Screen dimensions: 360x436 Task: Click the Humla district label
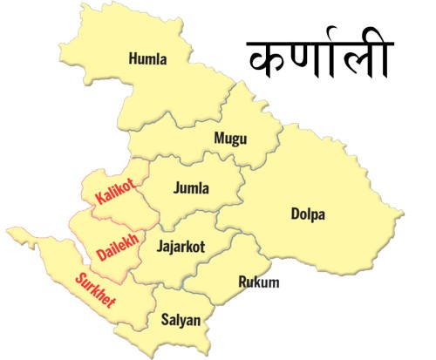(x=147, y=59)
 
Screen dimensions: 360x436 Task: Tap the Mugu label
(x=230, y=138)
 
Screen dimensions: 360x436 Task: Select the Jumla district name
(x=192, y=187)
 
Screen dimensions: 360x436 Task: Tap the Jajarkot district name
(x=181, y=247)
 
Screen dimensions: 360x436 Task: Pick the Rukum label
(x=258, y=282)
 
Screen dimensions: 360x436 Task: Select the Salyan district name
(x=181, y=320)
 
